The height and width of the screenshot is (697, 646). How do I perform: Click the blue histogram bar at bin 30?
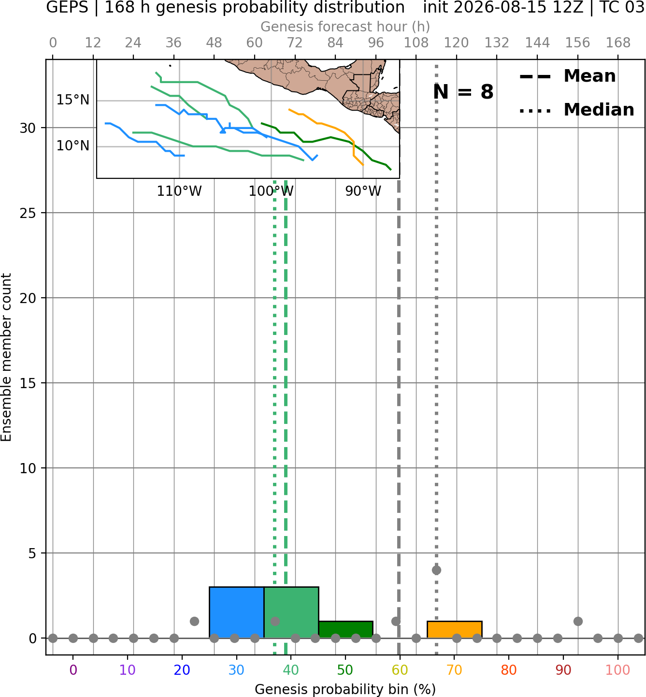coord(236,612)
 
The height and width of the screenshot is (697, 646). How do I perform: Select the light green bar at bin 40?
coord(291,612)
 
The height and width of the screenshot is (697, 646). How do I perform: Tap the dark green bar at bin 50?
coord(345,629)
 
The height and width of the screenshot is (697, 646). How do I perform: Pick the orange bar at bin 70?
coord(454,629)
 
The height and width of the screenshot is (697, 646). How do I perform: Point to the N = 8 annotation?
coord(463,92)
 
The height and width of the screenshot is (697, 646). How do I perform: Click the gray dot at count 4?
coord(436,570)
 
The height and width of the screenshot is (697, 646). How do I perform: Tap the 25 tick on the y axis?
coord(28,213)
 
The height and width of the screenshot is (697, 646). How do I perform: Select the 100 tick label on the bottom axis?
coord(617,670)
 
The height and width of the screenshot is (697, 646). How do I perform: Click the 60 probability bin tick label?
coord(400,670)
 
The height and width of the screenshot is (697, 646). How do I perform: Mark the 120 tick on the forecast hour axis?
coord(456,43)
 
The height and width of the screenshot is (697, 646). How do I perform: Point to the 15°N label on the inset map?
coord(73,100)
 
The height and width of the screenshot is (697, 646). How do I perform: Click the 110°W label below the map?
coord(179,191)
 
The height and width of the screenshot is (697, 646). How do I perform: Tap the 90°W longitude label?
coord(363,191)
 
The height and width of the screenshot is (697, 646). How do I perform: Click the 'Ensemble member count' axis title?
coord(6,357)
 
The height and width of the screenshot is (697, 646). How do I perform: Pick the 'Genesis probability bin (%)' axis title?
coord(345,689)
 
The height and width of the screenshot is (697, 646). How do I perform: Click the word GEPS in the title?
coord(67,7)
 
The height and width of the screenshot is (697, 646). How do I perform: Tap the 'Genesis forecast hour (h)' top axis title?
coord(345,27)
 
